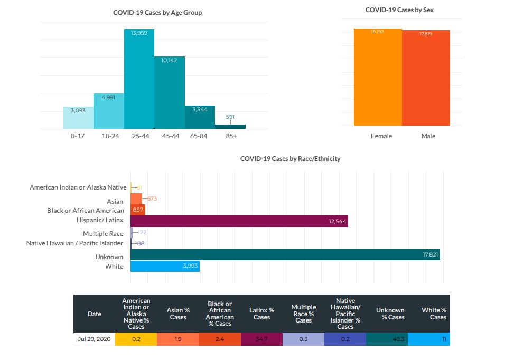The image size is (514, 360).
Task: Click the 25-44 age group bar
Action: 139,79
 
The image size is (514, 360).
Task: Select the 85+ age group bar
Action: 230,127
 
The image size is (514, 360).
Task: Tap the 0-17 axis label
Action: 78,136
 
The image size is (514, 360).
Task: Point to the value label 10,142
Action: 169,61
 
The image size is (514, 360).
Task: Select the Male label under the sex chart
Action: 428,136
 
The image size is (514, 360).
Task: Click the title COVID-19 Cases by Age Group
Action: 157,12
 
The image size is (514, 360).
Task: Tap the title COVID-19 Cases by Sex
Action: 400,10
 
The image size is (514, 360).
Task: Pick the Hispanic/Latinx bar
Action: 239,221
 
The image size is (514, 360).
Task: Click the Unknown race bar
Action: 285,254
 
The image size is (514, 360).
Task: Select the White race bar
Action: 165,266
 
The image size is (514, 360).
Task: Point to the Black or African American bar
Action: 137,210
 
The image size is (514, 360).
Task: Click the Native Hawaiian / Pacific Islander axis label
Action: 74,243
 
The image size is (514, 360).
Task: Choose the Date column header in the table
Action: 94,314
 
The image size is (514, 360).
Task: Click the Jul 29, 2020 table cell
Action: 94,339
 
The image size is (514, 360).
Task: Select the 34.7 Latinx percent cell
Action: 261,339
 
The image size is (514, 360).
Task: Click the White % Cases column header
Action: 434,314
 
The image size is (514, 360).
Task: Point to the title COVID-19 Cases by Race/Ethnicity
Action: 290,158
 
